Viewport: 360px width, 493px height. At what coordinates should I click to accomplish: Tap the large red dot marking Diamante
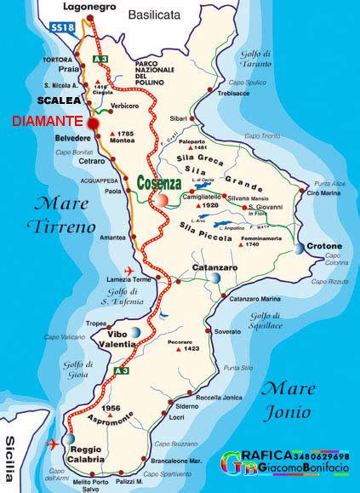[x=94, y=123]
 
